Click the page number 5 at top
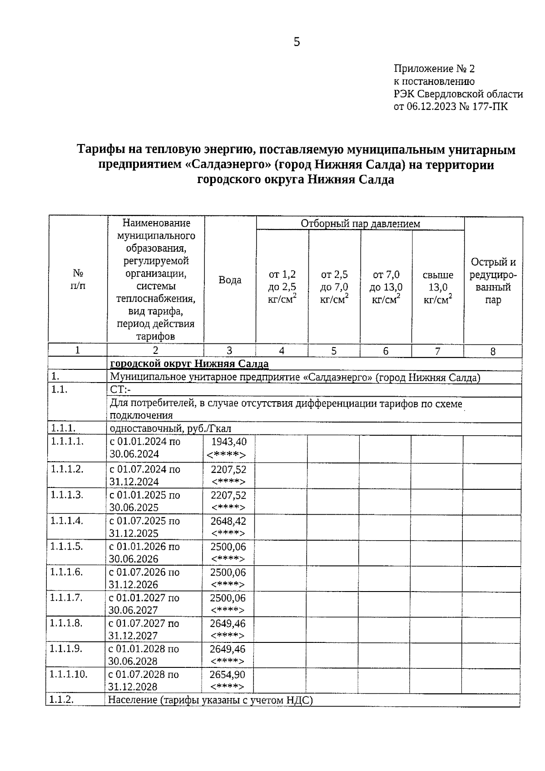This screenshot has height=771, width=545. (x=297, y=42)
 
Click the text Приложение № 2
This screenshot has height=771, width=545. (x=434, y=69)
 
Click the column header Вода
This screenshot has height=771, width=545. (x=230, y=280)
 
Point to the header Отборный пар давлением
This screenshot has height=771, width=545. (x=360, y=224)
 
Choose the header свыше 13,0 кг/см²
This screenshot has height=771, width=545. (x=438, y=287)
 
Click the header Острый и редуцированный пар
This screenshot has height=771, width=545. (x=493, y=281)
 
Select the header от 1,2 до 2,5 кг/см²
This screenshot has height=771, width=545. (x=282, y=287)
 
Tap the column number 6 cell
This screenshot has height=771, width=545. (x=386, y=351)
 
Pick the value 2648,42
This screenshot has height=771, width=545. (x=228, y=521)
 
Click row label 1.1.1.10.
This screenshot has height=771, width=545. (x=68, y=674)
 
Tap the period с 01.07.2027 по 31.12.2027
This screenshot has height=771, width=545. (x=144, y=629)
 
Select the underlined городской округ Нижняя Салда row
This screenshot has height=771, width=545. (x=189, y=364)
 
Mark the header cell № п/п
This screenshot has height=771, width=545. (x=78, y=280)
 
